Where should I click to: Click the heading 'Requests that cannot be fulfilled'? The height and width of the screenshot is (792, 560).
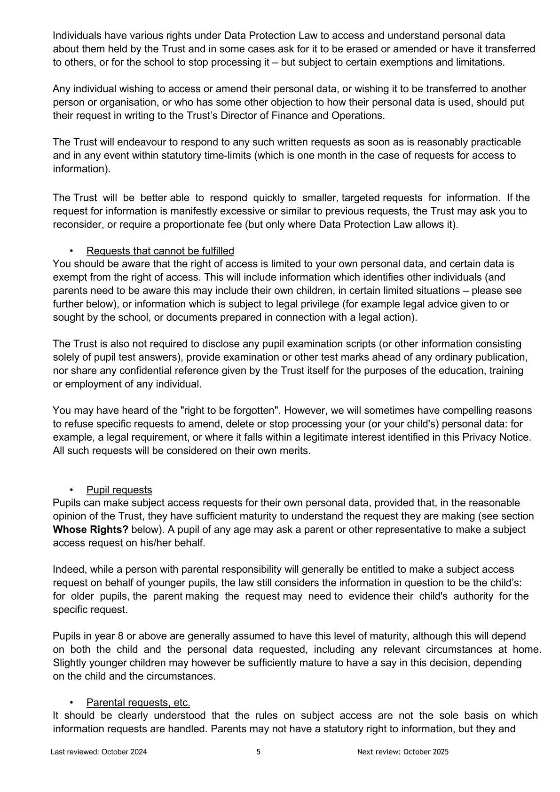[x=160, y=251]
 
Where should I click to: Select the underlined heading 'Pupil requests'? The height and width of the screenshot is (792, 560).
[x=119, y=490]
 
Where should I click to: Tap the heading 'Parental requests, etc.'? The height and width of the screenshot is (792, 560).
[x=138, y=703]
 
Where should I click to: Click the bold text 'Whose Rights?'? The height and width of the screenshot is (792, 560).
[x=90, y=530]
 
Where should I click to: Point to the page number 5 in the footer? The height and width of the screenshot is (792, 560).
[x=259, y=752]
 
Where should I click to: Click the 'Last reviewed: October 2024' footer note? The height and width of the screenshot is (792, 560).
[x=99, y=752]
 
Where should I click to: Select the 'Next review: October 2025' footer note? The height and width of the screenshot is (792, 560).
[x=403, y=752]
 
